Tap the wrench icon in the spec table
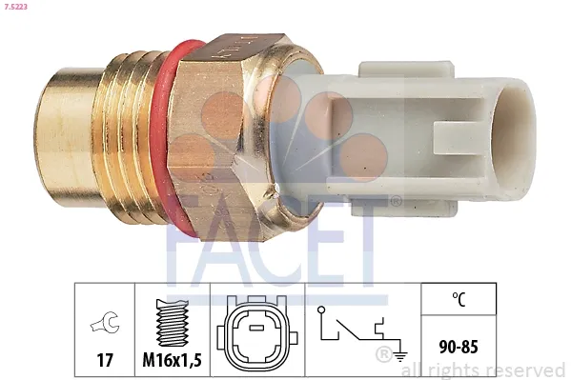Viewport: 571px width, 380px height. (105, 323)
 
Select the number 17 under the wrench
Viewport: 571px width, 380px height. (105, 361)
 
